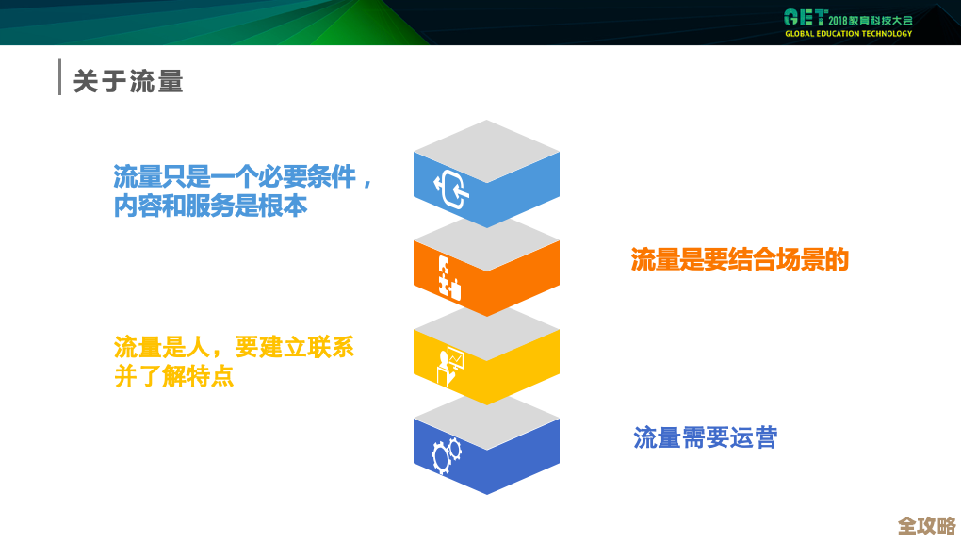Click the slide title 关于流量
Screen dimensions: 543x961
tap(128, 81)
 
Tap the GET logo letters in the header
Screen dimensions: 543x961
tap(806, 18)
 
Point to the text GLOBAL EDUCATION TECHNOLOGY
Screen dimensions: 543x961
tap(848, 34)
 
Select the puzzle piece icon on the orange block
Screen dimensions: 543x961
tap(449, 275)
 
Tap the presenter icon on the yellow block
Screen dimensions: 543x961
tap(449, 366)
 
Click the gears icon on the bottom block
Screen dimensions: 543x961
tap(447, 455)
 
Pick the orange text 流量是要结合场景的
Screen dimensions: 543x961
tap(740, 260)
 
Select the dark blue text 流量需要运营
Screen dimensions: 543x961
tap(705, 437)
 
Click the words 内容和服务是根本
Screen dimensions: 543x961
tap(210, 206)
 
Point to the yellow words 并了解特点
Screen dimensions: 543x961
tap(173, 376)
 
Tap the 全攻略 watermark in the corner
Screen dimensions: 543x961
tap(926, 525)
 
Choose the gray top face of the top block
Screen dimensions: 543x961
tap(486, 151)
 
